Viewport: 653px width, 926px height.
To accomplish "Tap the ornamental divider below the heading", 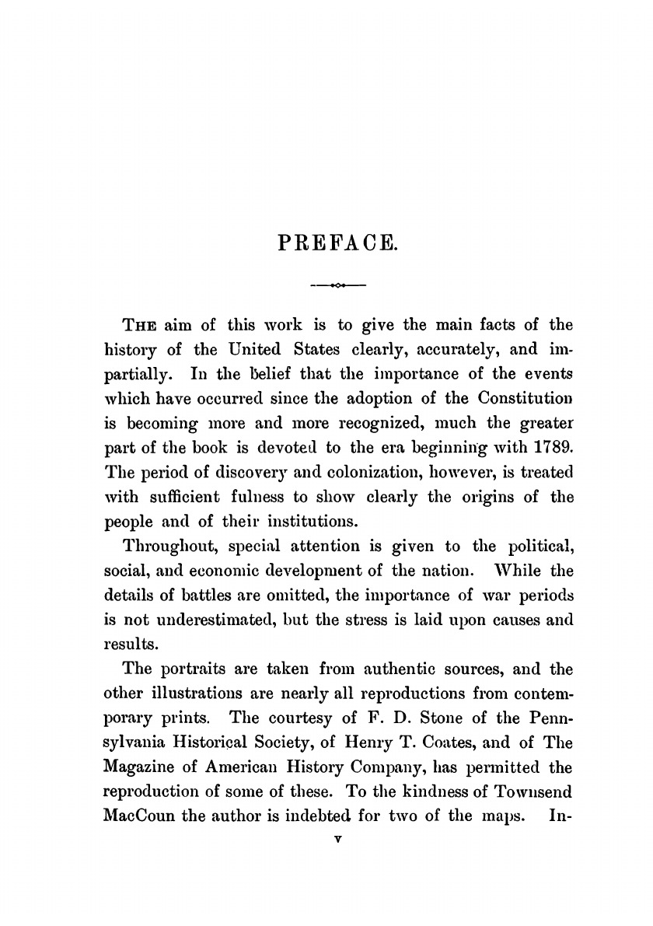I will [337, 285].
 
